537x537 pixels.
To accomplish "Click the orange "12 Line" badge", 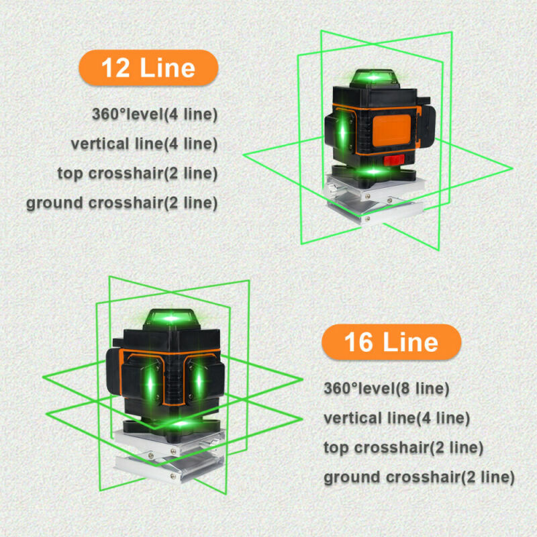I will (148, 68).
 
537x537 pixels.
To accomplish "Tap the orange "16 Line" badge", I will (391, 342).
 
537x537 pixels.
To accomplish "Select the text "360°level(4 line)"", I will (155, 114).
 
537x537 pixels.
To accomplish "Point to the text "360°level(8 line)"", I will (386, 388).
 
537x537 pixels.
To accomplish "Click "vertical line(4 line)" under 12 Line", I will (144, 144).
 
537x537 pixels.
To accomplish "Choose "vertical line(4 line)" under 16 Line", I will (396, 418).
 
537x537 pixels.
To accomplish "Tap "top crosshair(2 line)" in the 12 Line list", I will (138, 173).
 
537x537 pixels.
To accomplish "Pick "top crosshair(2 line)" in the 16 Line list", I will (403, 448).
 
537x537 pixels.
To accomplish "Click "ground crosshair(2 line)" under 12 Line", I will (122, 203).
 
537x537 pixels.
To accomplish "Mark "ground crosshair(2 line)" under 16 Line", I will (419, 478).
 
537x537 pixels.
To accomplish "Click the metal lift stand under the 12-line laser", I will (373, 201).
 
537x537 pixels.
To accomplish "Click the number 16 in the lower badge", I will (358, 342).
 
